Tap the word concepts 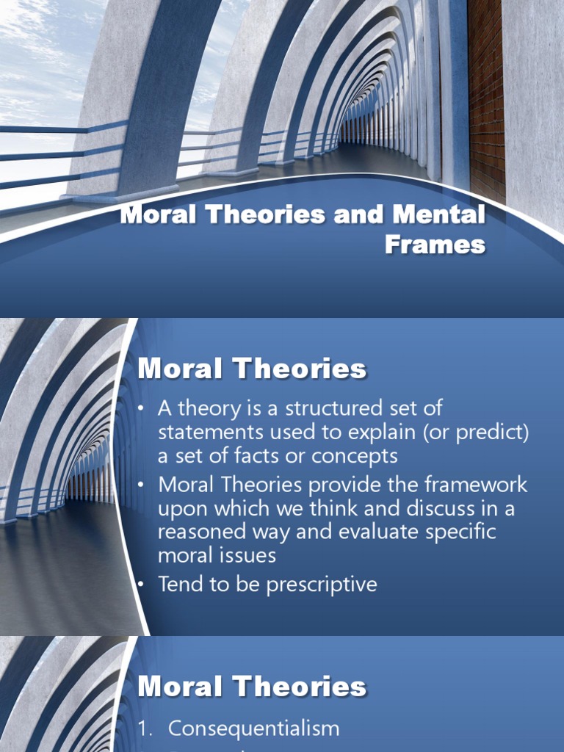pos(355,456)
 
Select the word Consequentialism pos(253,728)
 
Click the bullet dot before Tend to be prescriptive pos(142,585)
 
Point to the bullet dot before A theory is pos(142,408)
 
